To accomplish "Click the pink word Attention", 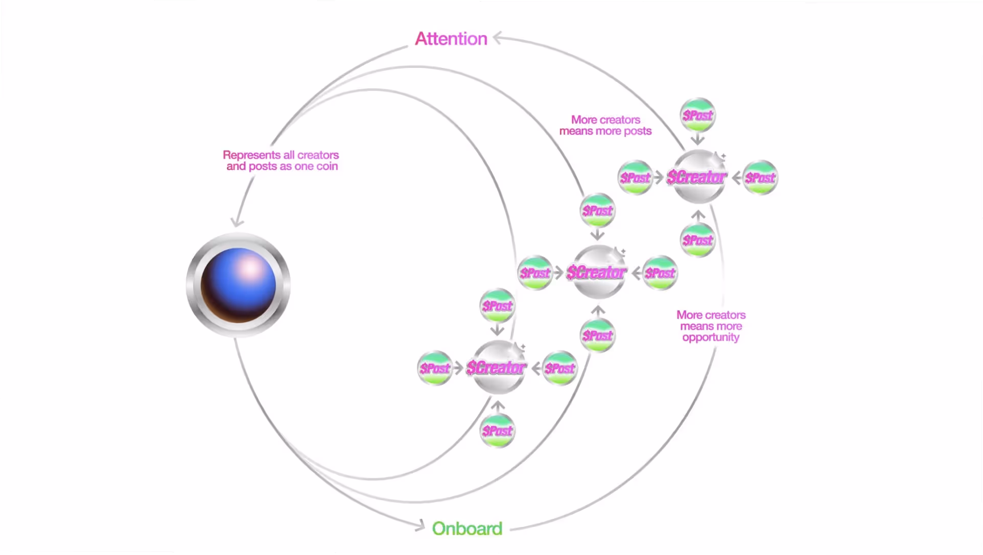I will point(451,39).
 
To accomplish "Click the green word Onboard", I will point(467,528).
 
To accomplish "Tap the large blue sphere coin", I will point(238,285).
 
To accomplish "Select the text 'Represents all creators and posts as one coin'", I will point(281,160).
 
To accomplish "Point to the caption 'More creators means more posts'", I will point(605,125).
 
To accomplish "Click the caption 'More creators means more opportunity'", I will point(711,326).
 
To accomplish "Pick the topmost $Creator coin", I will point(697,177).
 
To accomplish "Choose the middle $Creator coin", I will point(597,272).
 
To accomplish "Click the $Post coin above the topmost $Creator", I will point(698,115).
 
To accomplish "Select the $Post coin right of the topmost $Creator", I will point(760,178).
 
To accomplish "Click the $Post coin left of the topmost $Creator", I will point(635,178).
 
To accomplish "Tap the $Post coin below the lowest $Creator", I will point(498,431).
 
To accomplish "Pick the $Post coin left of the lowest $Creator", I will point(435,368).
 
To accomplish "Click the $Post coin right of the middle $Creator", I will point(660,273).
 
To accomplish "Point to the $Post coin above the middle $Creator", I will point(598,210).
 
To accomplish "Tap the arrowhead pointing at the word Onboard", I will point(420,525).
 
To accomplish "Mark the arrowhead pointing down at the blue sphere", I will point(237,222).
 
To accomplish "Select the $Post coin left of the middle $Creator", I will point(535,273).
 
